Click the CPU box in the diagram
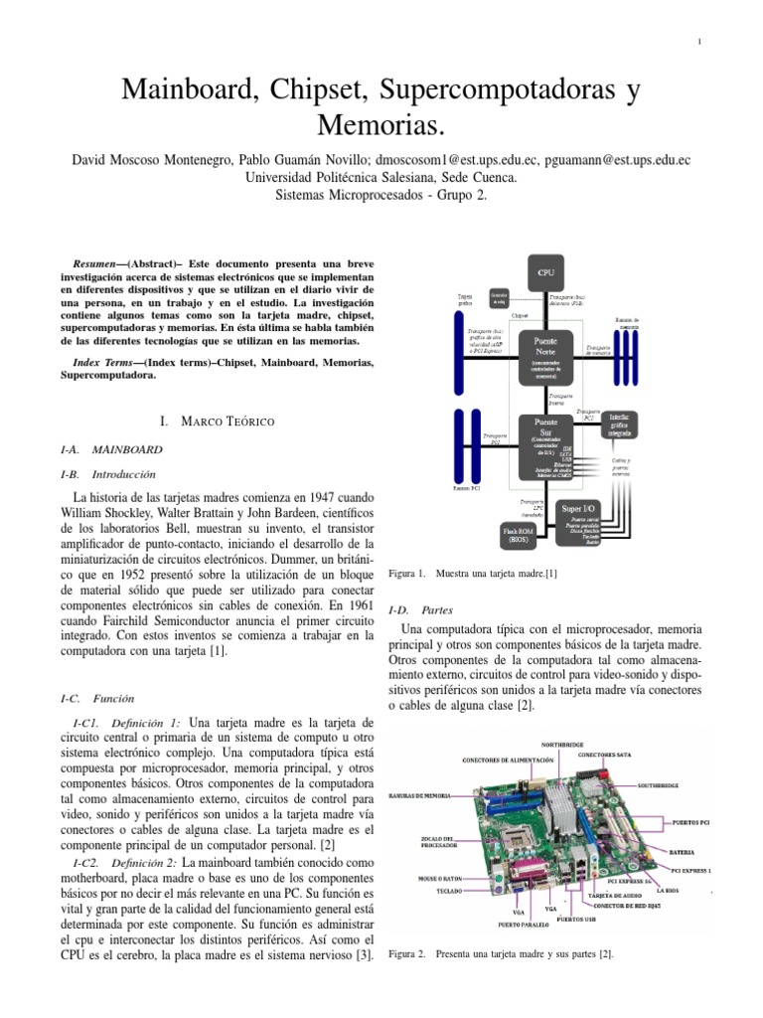[546, 270]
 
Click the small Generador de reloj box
[499, 298]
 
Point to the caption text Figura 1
[406, 574]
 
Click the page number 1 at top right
[699, 41]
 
